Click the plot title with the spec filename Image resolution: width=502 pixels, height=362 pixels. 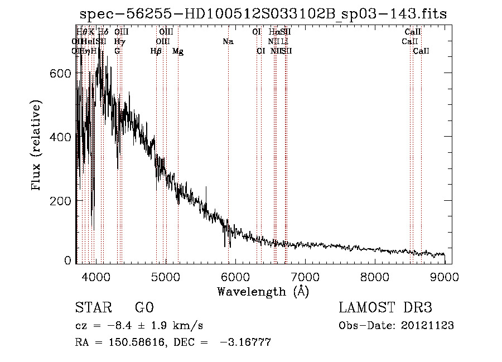(x=263, y=14)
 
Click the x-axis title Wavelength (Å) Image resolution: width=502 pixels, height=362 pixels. (x=263, y=291)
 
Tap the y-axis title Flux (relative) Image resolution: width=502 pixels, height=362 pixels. (x=37, y=146)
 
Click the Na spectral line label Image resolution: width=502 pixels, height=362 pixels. (x=228, y=41)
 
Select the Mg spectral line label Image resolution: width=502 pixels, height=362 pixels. (x=178, y=51)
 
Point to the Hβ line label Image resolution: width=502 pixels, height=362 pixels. (x=156, y=51)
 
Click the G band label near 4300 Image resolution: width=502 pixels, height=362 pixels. (x=117, y=51)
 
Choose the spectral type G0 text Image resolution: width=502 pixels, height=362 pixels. (x=144, y=308)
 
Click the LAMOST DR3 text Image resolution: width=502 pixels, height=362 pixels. (x=385, y=308)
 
